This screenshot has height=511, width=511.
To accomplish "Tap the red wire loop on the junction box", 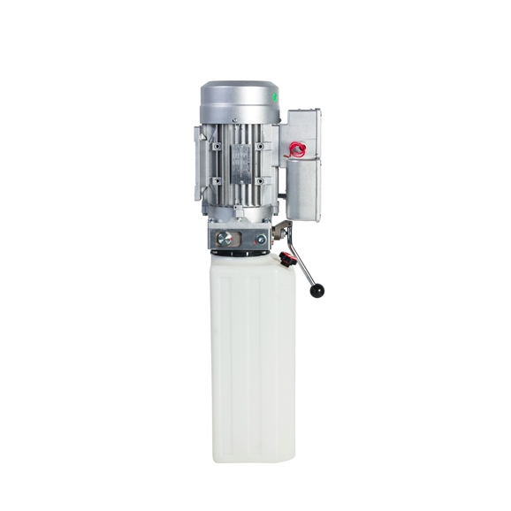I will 297,150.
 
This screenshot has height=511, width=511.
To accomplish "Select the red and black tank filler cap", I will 287,260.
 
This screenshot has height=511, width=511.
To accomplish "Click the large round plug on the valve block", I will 225,237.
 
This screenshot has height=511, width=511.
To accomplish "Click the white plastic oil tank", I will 253,354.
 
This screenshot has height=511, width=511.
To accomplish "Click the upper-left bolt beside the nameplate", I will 216,145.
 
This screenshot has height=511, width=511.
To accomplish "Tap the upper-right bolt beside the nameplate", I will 261,145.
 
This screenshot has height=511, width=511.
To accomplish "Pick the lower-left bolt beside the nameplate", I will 216,181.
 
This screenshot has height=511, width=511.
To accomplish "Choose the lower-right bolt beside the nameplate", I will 261,181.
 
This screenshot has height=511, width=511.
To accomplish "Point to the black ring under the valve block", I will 239,254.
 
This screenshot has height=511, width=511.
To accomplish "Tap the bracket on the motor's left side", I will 198,164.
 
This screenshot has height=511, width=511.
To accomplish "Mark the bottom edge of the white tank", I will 253,460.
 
